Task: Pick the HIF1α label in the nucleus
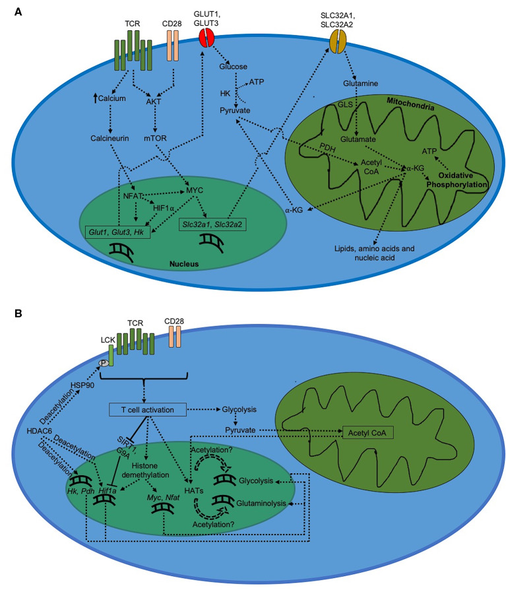coord(163,208)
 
